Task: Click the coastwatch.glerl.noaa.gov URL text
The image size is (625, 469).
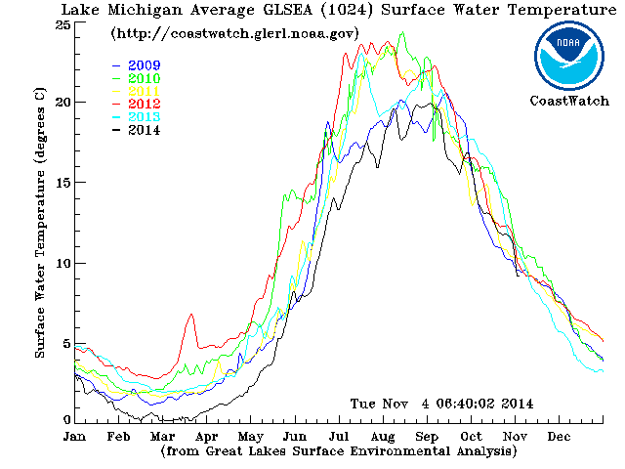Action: pos(234,33)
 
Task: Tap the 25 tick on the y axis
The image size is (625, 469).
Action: pos(63,24)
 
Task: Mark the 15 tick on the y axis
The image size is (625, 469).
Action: pos(63,184)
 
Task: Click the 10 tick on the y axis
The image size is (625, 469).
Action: pos(63,264)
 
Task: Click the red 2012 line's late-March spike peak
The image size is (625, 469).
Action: pos(191,315)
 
